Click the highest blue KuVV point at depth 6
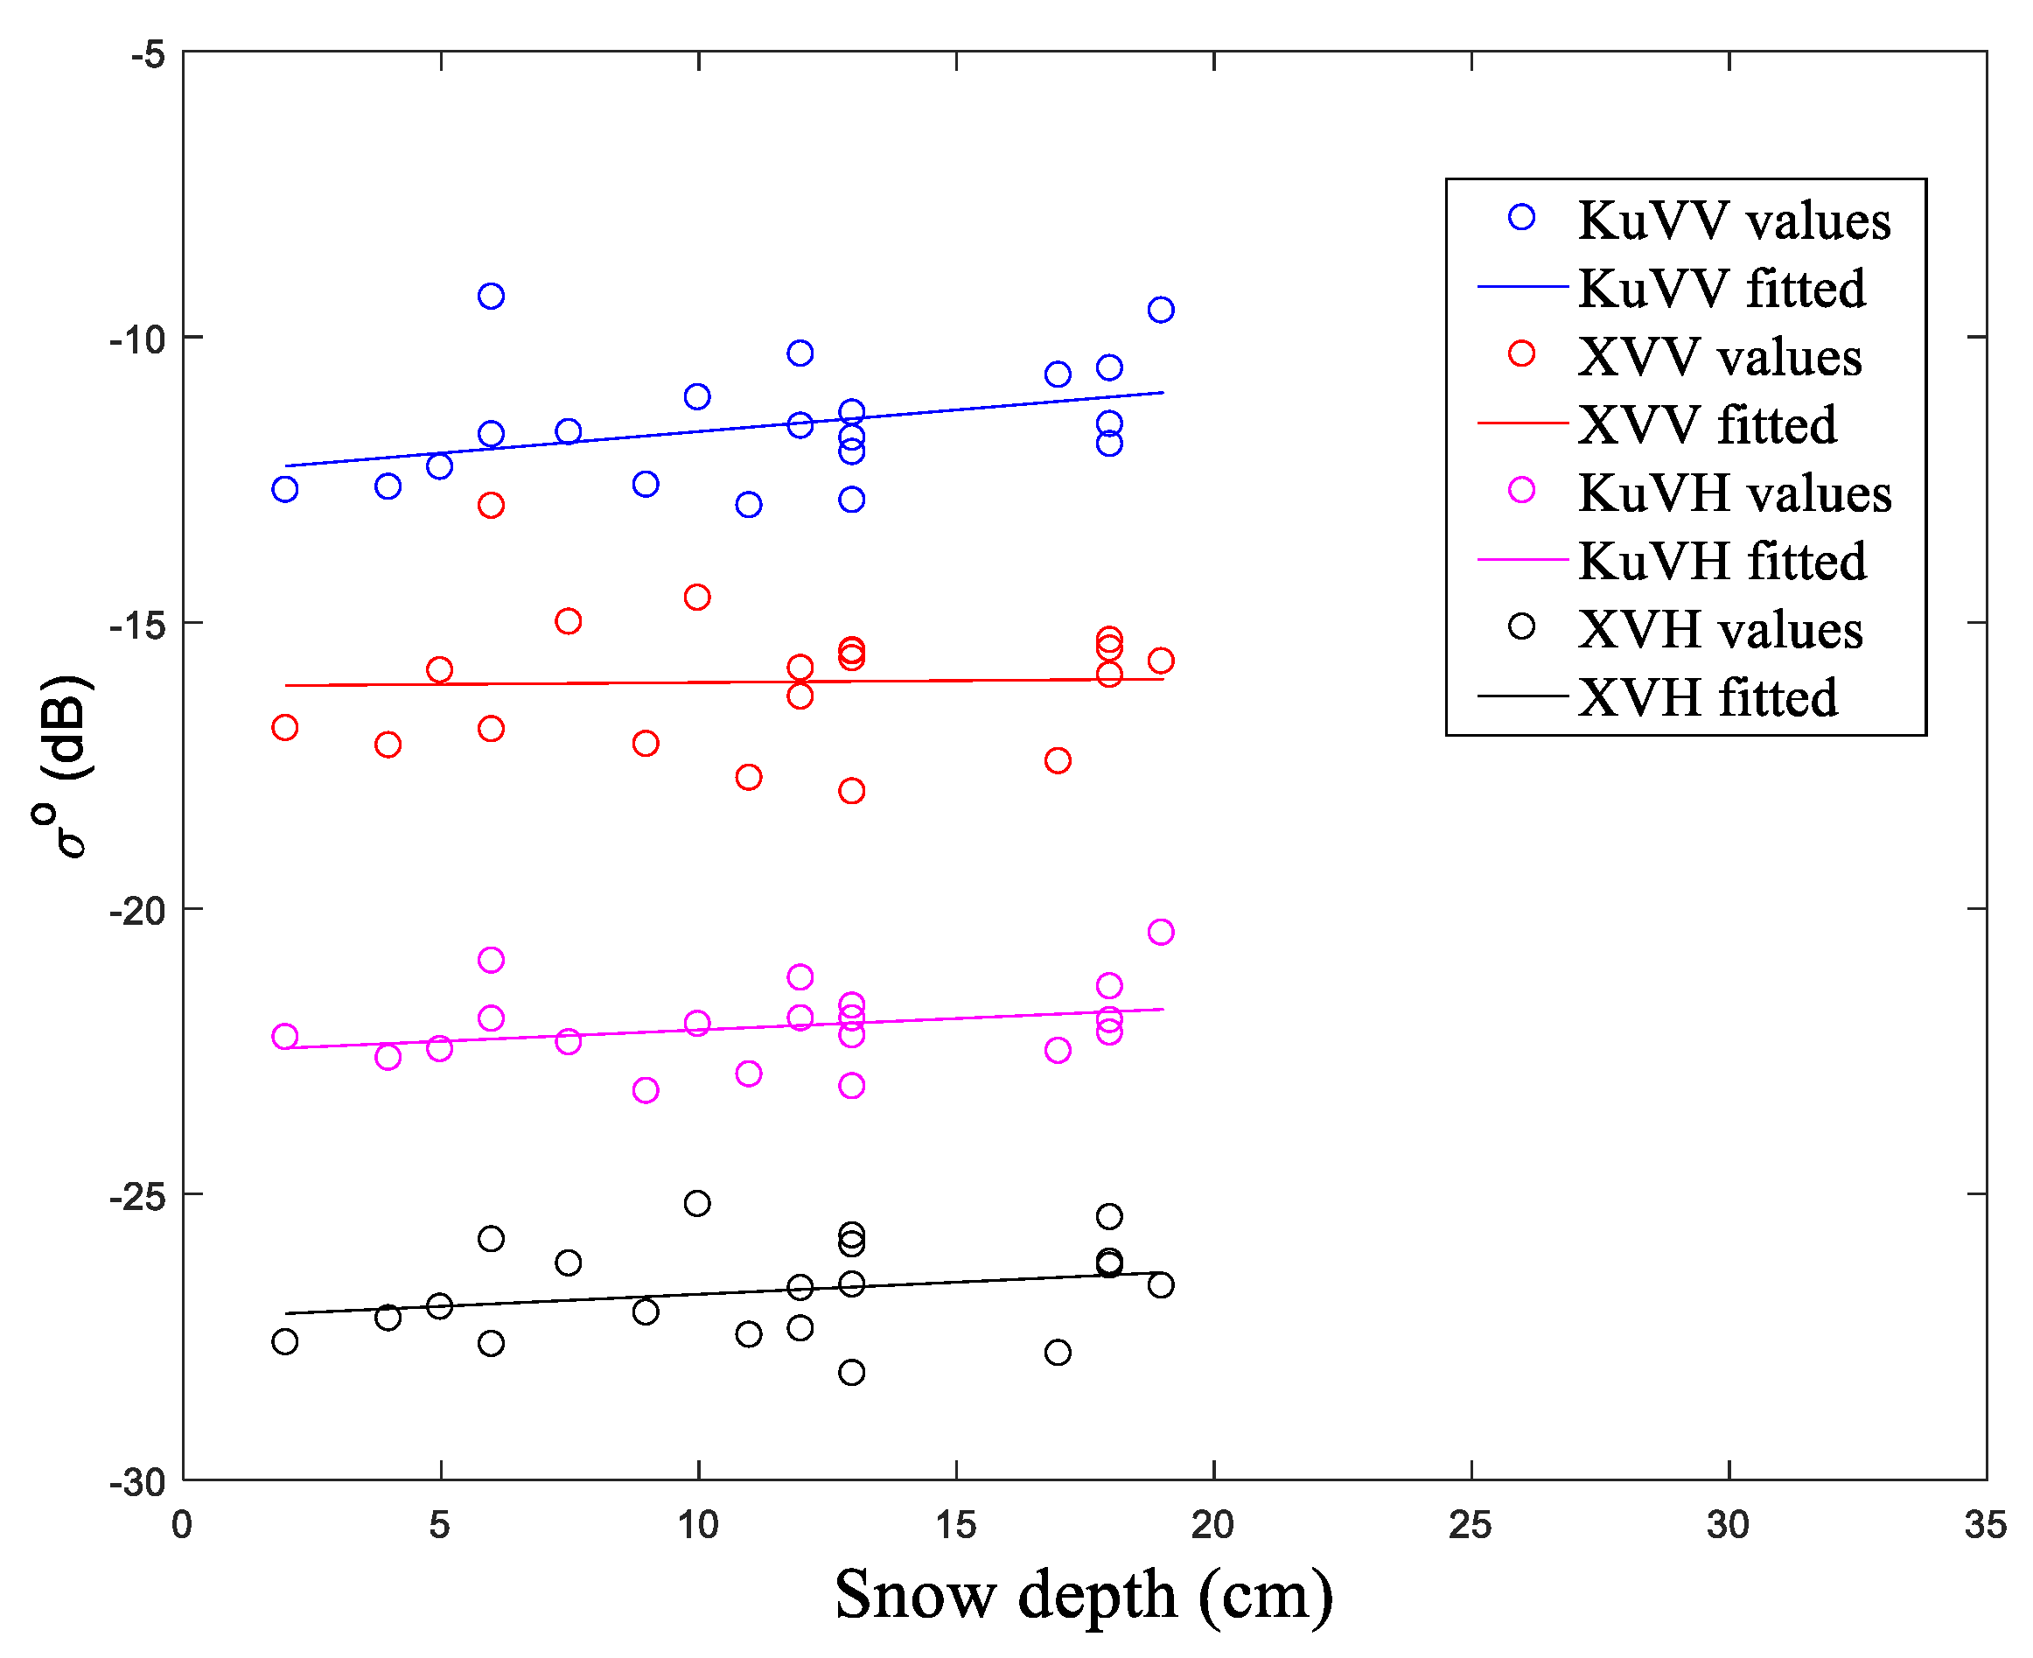tap(491, 296)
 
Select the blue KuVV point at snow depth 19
tap(1160, 310)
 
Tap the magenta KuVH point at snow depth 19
tap(1160, 931)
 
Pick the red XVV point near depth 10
tap(697, 597)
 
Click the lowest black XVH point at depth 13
tap(852, 1373)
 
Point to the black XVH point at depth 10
tap(697, 1203)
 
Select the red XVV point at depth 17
tap(1057, 760)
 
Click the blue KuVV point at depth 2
tap(284, 489)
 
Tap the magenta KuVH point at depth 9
tap(646, 1090)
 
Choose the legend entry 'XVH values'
tap(1719, 628)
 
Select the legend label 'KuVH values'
tap(1734, 493)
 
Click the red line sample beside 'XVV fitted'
tap(1522, 422)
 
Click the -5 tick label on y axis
tap(147, 54)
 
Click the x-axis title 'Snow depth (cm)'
tap(1083, 1594)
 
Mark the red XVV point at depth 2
tap(284, 728)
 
